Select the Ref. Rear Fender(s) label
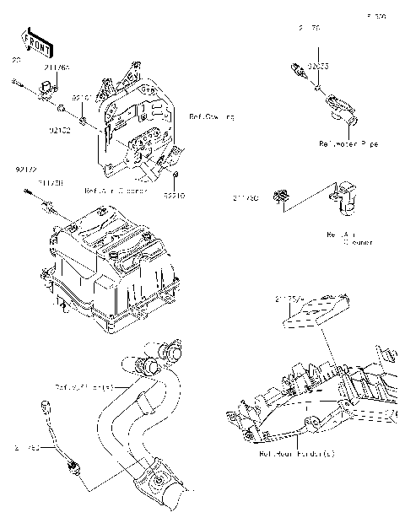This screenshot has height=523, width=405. click(297, 453)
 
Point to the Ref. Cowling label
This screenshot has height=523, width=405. click(212, 116)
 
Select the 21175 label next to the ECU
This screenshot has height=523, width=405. click(288, 298)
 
